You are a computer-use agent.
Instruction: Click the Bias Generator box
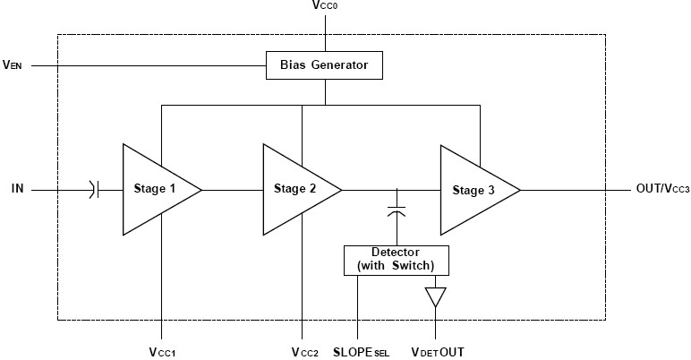324,64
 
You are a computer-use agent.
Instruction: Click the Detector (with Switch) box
396,260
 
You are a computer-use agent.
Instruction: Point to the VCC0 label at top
326,6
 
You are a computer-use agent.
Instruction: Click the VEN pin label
13,64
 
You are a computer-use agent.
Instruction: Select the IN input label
18,189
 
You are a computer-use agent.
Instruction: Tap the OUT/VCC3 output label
661,189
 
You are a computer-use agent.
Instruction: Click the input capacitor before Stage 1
96,189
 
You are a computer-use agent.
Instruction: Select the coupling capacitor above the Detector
397,210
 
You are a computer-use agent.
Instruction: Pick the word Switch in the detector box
415,267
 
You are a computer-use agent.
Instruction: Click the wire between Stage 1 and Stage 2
232,189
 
